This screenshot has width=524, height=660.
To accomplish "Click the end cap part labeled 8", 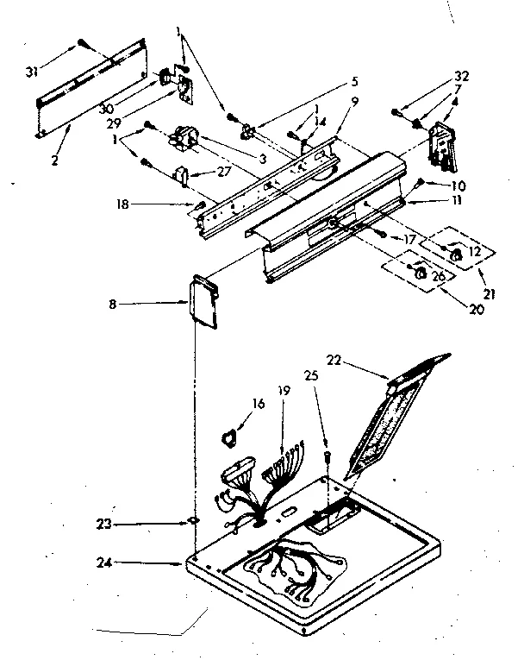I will point(204,302).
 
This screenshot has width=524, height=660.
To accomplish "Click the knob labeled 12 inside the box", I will point(457,252).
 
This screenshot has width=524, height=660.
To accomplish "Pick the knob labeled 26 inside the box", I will point(420,273).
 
